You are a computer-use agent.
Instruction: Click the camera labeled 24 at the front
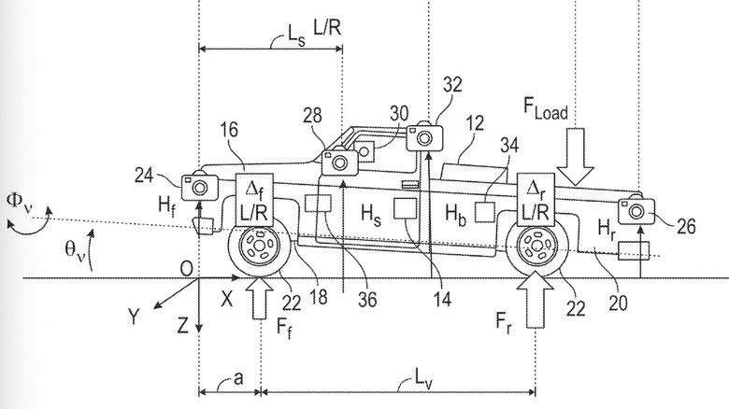point(199,186)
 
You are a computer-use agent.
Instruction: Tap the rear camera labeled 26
point(636,209)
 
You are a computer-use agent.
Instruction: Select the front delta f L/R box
point(255,200)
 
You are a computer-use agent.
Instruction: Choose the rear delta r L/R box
point(537,200)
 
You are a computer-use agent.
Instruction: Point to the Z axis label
point(185,326)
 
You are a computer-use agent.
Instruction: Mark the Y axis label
point(135,317)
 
